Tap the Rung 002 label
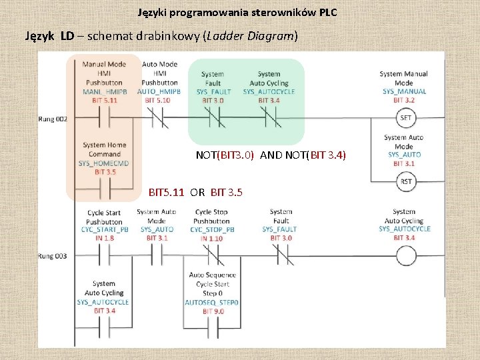53,119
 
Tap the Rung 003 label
53,255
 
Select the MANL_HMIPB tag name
103,91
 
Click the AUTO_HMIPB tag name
159,91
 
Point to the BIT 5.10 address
159,100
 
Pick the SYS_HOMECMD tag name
103,163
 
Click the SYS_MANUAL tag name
404,91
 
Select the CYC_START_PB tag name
103,229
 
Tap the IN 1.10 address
212,238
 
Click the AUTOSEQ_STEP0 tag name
212,302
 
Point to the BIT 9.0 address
212,311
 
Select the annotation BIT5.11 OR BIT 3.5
195,193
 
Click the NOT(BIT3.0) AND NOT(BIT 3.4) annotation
271,155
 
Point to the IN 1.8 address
103,238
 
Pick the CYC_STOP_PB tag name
212,229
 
